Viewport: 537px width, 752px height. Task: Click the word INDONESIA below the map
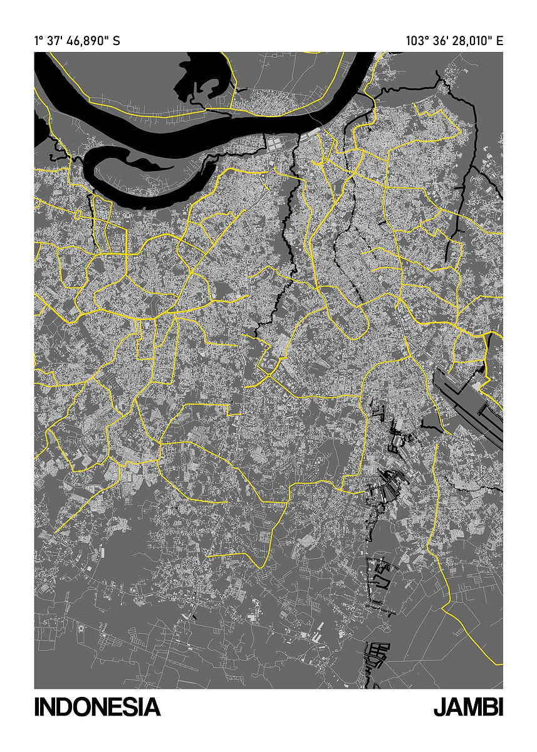point(97,707)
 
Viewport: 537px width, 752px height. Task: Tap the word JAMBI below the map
point(468,707)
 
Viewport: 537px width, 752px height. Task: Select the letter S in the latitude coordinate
point(116,41)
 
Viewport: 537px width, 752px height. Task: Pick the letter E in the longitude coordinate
point(499,41)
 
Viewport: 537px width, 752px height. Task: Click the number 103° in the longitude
point(418,41)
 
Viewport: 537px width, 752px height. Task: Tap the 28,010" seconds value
point(471,41)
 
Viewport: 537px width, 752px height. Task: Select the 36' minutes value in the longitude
point(442,41)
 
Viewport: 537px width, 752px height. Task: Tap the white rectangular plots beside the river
point(279,143)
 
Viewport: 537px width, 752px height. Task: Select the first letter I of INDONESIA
point(38,707)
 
